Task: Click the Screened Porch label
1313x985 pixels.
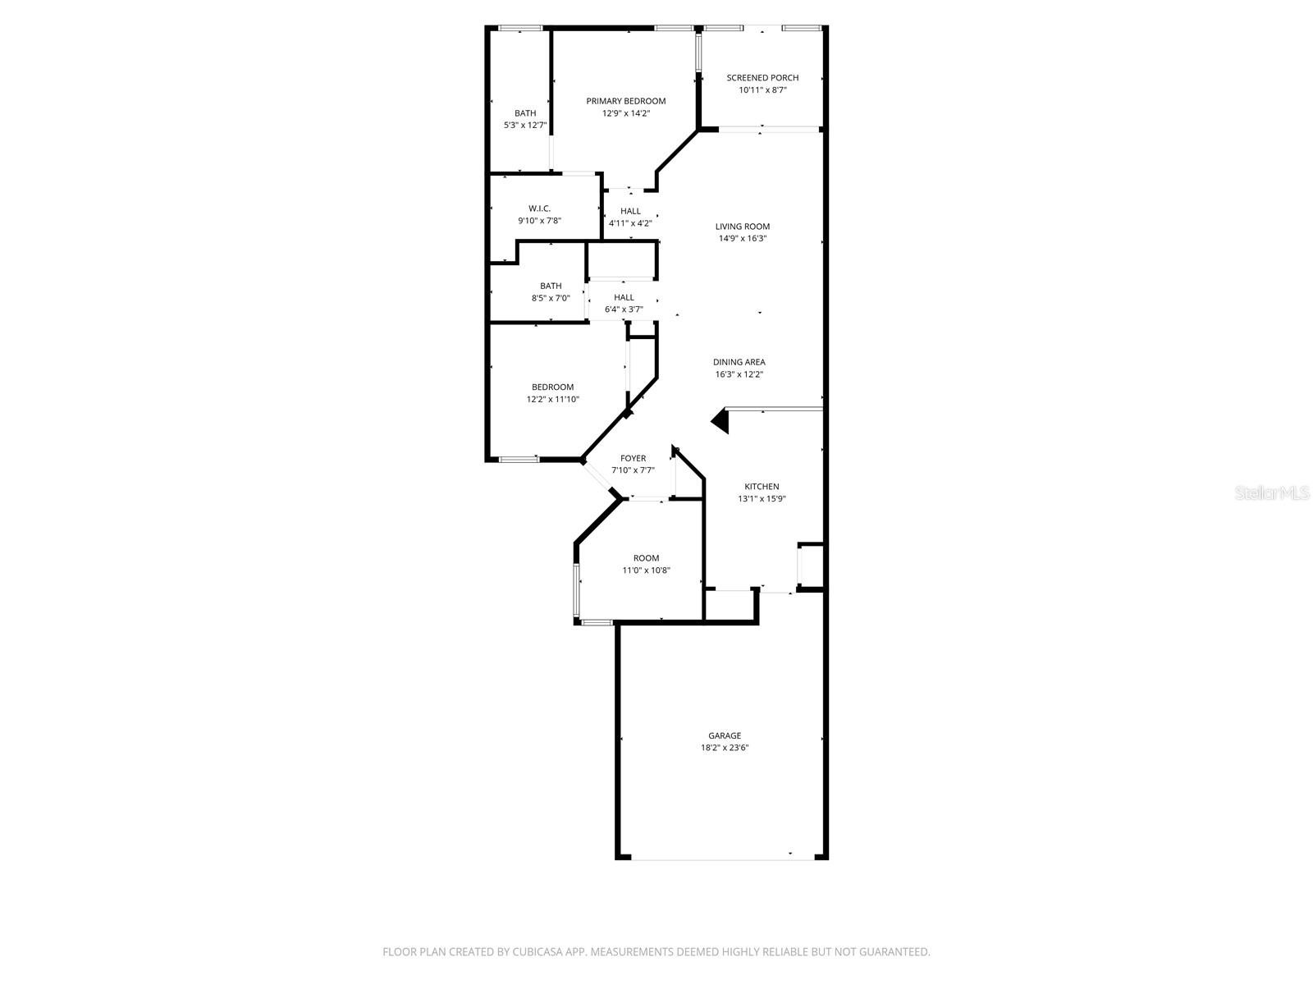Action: tap(762, 78)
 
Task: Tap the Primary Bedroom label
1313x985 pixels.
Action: tap(625, 101)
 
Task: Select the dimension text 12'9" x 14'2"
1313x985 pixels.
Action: tap(625, 113)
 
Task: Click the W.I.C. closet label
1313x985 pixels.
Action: tap(539, 208)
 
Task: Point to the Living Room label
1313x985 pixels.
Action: tap(743, 226)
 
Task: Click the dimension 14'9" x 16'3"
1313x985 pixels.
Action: tap(743, 238)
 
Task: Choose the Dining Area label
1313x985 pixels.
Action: tap(739, 362)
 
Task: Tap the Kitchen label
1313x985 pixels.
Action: tap(762, 486)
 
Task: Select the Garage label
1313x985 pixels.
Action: tap(725, 735)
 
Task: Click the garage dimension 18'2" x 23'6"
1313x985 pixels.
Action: tap(725, 748)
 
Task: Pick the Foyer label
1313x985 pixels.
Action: tap(633, 458)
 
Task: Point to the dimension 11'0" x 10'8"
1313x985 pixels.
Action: tap(646, 570)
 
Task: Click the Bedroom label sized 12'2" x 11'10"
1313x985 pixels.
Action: tap(553, 387)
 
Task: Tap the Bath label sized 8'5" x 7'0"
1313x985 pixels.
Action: tap(551, 286)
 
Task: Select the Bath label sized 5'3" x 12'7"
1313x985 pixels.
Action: tap(525, 113)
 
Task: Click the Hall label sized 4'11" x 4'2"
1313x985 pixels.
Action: tap(630, 211)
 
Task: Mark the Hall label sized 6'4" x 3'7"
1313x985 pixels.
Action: tap(624, 297)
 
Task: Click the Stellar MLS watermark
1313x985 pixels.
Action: tap(1272, 492)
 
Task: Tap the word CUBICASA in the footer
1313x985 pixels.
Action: tap(538, 951)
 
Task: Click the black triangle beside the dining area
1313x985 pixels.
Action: tap(721, 421)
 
